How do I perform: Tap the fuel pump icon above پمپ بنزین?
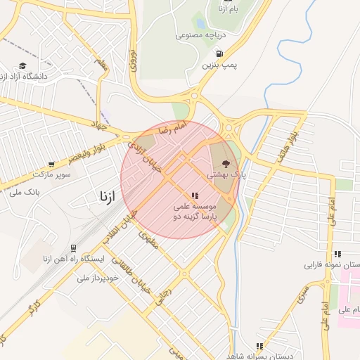tap(220, 53)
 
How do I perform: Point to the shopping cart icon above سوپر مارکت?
tap(51, 164)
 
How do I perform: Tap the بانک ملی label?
tap(25, 191)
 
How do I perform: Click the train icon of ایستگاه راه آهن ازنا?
tap(73, 248)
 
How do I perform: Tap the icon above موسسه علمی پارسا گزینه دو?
tap(195, 196)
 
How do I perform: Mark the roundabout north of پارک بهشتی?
tap(229, 127)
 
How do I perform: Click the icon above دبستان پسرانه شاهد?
tap(260, 345)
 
